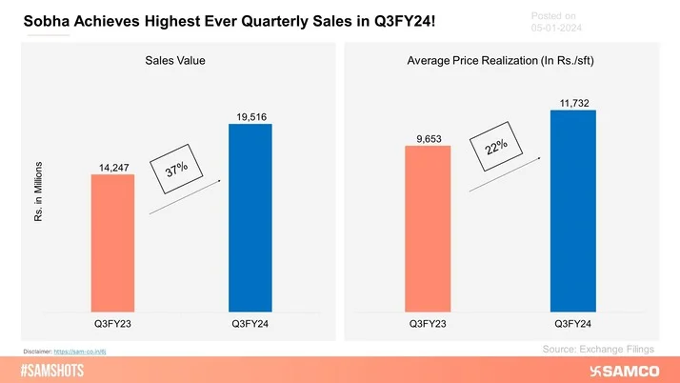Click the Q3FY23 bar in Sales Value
click(112, 243)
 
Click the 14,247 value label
click(112, 168)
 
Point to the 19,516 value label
click(250, 116)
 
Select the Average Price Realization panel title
click(500, 61)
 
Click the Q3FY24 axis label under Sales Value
click(250, 324)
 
